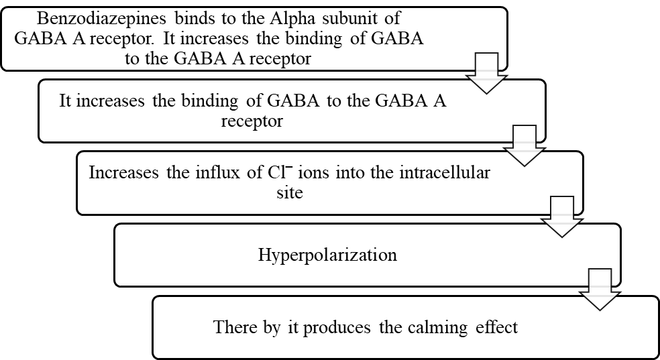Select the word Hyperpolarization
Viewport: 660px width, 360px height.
(327, 255)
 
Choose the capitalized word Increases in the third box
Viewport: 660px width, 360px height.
(123, 172)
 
